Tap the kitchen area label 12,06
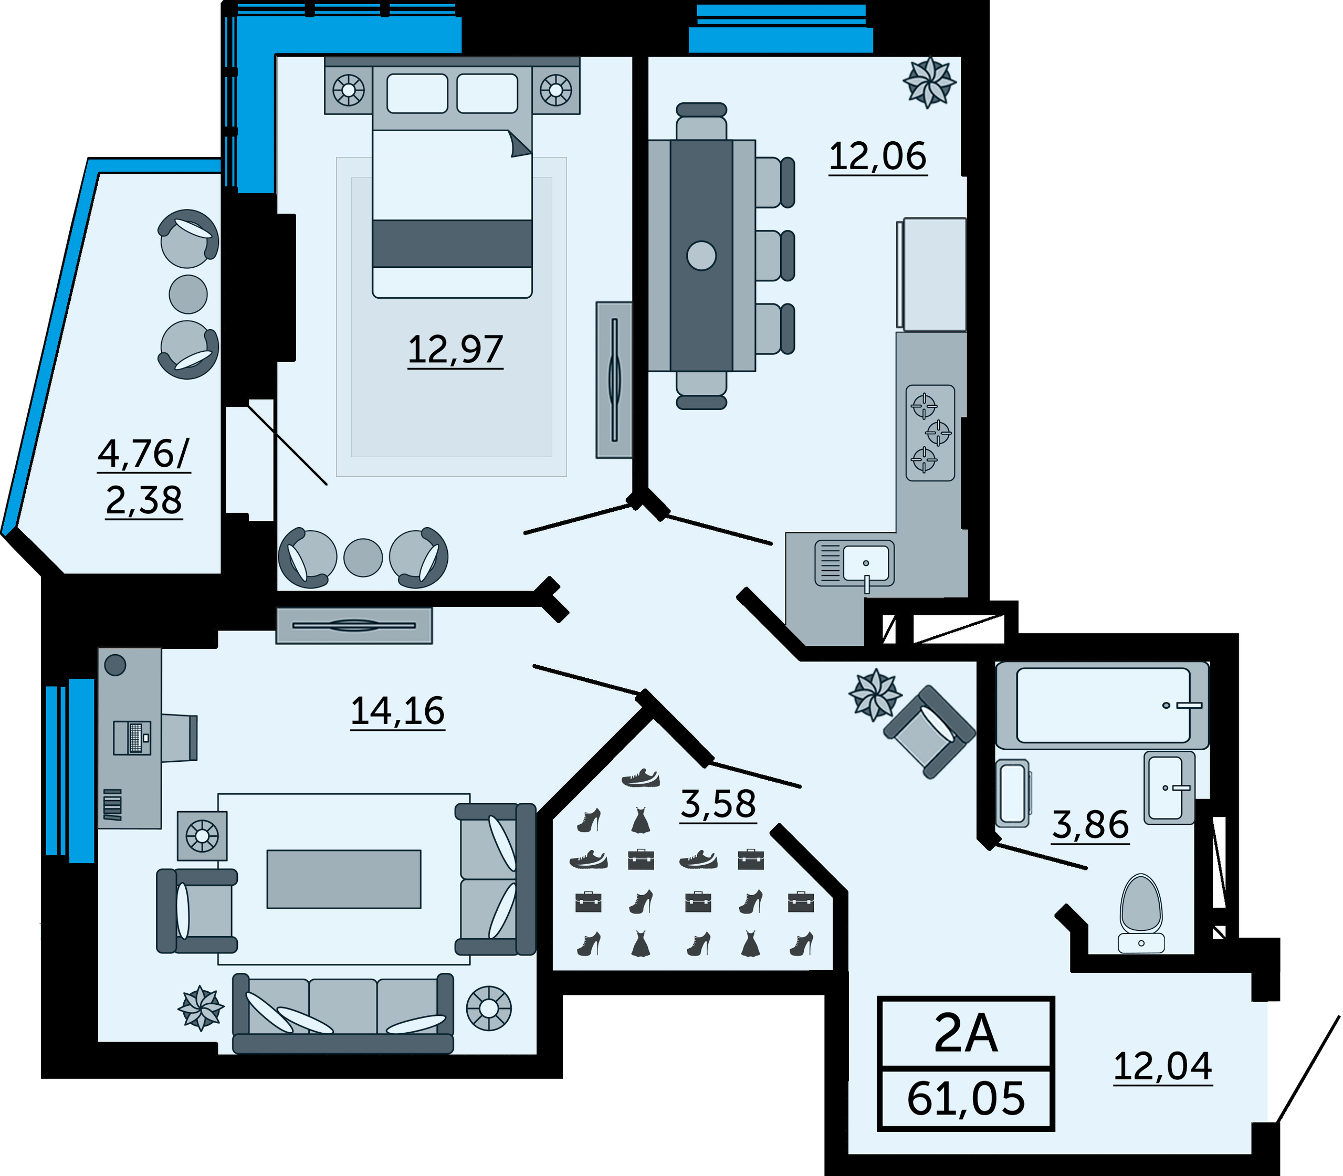pyautogui.click(x=878, y=156)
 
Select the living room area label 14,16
pyautogui.click(x=398, y=711)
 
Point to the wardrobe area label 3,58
pyautogui.click(x=718, y=804)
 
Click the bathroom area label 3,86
pyautogui.click(x=1090, y=825)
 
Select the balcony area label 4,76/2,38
pyautogui.click(x=144, y=477)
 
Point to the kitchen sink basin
pyautogui.click(x=866, y=562)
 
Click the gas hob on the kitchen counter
pyautogui.click(x=930, y=433)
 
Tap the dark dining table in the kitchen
pyautogui.click(x=701, y=256)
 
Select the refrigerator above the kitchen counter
pyautogui.click(x=931, y=274)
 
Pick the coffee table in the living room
pyautogui.click(x=344, y=879)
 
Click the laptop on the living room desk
pyautogui.click(x=133, y=738)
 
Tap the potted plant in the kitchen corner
pyautogui.click(x=929, y=83)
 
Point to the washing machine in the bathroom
pyautogui.click(x=1013, y=793)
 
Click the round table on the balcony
pyautogui.click(x=188, y=294)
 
